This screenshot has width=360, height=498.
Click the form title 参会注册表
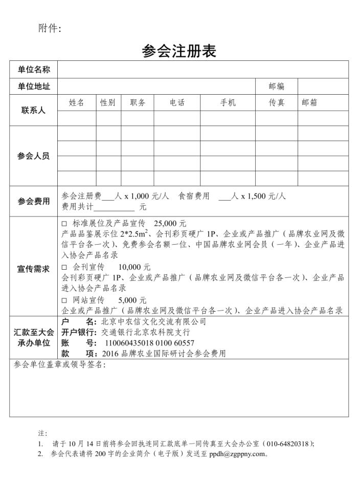pos(179,51)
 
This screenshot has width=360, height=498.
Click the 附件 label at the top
pos(50,29)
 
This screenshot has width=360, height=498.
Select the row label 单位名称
pos(34,70)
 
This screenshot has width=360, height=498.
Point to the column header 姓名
pos(76,103)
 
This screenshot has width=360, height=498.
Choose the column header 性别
pos(107,103)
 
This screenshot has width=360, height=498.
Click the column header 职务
pos(138,103)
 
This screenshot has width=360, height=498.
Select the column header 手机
pos(228,103)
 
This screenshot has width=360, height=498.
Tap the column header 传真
pos(277,103)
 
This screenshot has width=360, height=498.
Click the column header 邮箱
pos(309,103)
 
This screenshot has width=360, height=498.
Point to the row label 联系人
pos(34,111)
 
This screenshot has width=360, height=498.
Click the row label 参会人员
pos(34,156)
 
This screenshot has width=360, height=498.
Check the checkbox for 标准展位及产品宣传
pos(64,224)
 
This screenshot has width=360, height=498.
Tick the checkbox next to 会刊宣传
pos(64,268)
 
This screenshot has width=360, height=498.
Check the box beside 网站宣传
pos(64,300)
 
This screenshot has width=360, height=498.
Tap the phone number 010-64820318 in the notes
pos(288,444)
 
